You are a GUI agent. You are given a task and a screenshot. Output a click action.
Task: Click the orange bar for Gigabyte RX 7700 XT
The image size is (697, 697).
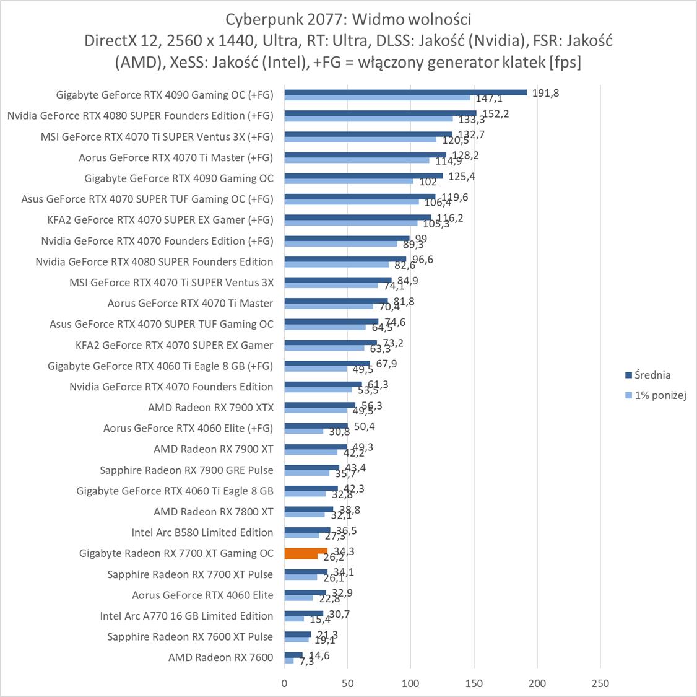click(306, 551)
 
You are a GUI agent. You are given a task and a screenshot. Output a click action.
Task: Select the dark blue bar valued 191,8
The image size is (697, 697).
click(405, 92)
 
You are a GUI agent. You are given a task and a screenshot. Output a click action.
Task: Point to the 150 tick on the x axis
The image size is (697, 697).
click(474, 683)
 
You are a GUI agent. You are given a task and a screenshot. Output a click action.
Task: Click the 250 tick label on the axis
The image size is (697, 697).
click(600, 683)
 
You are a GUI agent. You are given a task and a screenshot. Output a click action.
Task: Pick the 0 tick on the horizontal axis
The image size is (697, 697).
click(284, 683)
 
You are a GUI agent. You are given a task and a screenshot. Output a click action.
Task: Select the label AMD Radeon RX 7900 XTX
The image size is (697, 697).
click(210, 407)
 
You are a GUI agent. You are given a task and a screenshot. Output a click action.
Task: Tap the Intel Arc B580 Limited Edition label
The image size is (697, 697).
click(202, 532)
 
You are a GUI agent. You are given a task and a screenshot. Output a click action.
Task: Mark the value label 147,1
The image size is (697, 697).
click(489, 99)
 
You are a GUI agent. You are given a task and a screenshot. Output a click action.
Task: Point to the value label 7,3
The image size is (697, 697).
click(306, 662)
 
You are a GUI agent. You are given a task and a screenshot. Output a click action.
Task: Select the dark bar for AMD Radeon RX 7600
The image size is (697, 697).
click(293, 655)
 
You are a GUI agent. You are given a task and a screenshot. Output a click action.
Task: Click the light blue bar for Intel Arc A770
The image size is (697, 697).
click(294, 618)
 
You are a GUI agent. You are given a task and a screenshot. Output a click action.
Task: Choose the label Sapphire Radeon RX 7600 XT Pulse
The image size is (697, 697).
click(189, 636)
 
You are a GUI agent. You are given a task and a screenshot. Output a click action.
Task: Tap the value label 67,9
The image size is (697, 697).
click(386, 364)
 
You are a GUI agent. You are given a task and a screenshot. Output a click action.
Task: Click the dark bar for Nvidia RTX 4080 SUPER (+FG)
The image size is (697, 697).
click(380, 113)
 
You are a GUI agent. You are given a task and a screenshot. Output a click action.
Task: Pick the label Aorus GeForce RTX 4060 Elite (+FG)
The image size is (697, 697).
click(188, 428)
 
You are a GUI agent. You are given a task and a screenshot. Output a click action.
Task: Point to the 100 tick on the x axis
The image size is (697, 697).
click(410, 683)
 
